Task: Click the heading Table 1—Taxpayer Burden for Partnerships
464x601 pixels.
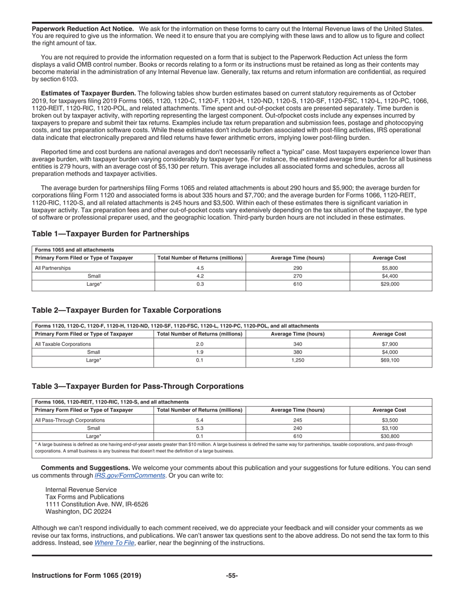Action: tap(110, 234)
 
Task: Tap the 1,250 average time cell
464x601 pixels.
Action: tap(297, 360)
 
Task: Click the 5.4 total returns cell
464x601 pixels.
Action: tap(199, 420)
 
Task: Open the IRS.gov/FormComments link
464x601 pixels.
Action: tap(129, 475)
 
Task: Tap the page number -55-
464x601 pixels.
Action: tap(232, 576)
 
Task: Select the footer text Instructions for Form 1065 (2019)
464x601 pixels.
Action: tap(86, 576)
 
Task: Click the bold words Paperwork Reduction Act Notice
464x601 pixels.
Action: tap(83, 29)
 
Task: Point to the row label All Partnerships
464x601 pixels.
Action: tap(53, 268)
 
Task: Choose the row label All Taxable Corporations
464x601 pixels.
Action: tap(63, 344)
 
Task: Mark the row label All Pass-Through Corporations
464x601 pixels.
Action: tap(70, 420)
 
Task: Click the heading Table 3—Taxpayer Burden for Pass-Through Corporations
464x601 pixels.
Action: tap(138, 386)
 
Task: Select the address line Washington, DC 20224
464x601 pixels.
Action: tap(78, 512)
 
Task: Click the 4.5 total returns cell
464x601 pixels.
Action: tap(199, 268)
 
